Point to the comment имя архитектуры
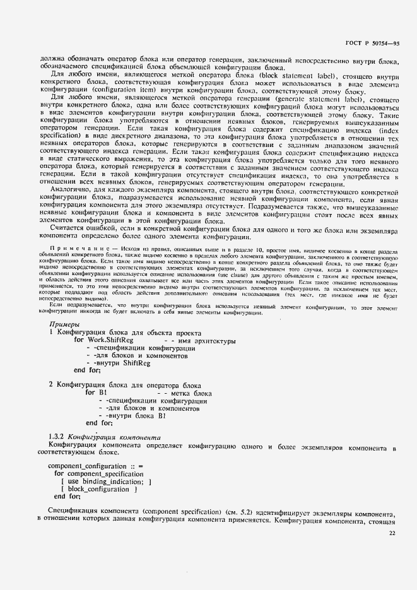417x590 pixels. pyautogui.click(x=208, y=341)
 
